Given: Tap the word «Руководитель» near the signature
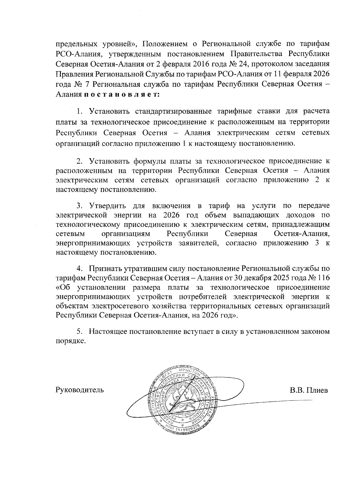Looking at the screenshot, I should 80,390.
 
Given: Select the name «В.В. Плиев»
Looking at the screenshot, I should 309,390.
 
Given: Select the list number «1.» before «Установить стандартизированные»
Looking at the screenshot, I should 79,112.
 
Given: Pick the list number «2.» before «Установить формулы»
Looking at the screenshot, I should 79,161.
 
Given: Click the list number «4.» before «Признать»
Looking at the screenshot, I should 79,268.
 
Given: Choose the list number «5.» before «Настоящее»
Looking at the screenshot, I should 79,332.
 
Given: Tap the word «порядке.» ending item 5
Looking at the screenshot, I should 69,341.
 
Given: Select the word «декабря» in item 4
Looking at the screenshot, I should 253,278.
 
